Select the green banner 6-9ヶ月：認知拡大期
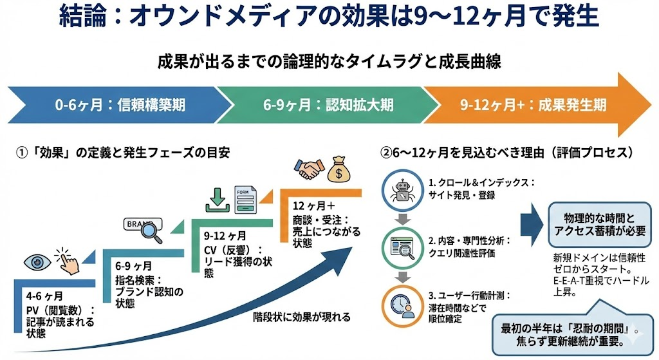click(328, 104)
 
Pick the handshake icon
click(311, 169)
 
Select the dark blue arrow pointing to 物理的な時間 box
click(532, 222)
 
